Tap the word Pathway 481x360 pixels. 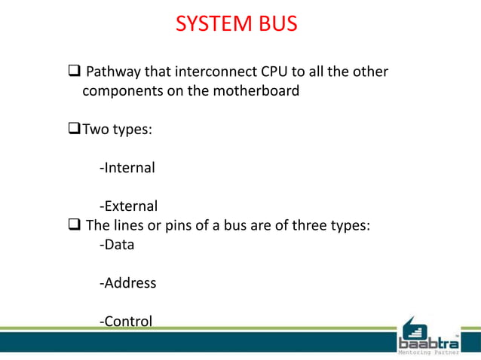coord(115,72)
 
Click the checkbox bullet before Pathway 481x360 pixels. coord(75,72)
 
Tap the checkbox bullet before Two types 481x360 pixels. coord(75,130)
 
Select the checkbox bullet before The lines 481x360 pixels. coord(75,224)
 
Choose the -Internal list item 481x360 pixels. coord(127,167)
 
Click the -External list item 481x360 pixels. coord(128,206)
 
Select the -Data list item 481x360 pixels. coord(116,244)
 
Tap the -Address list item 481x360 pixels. coord(127,283)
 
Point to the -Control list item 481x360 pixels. coord(125,322)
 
